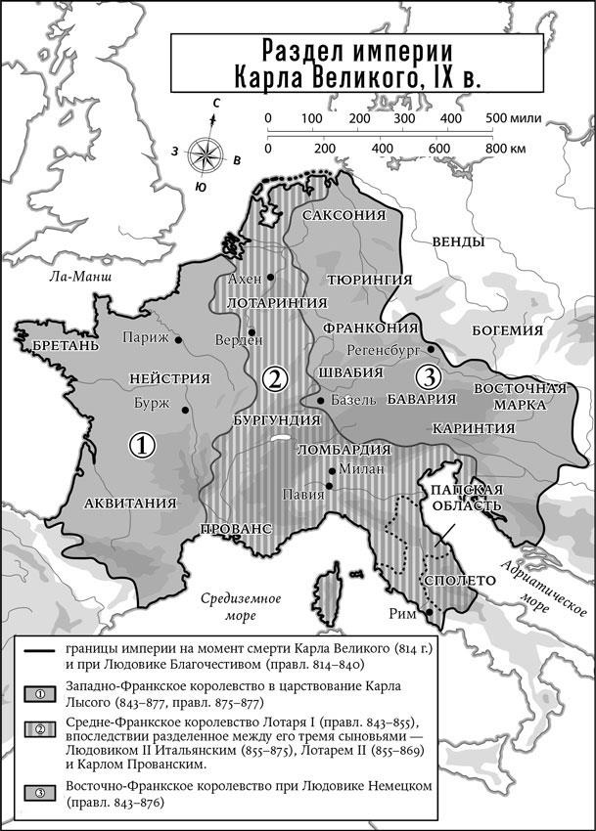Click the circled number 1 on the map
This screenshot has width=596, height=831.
(x=143, y=446)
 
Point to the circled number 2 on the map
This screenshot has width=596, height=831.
(x=276, y=379)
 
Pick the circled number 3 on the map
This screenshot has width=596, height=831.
(x=427, y=375)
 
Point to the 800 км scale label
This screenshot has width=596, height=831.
(x=505, y=148)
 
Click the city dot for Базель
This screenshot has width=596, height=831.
(x=320, y=401)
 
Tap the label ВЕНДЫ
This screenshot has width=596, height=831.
(x=457, y=241)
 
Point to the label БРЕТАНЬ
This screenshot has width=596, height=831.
(x=66, y=346)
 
